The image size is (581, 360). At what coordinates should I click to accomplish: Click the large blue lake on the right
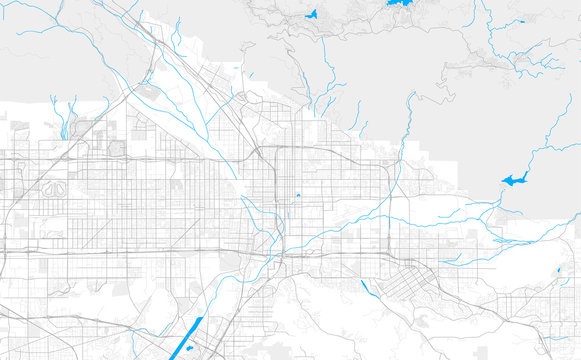514,180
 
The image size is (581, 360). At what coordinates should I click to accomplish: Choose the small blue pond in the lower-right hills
558,272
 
